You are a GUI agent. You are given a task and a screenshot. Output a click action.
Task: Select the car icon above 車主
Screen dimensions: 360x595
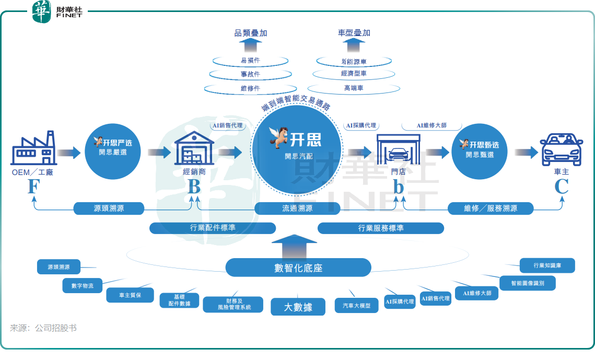561,149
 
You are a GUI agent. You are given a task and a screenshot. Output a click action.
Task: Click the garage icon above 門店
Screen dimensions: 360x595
399,149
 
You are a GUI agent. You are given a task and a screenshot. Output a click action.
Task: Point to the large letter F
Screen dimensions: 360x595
33,187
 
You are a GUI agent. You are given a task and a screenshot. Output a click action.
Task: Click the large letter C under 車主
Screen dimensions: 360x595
561,187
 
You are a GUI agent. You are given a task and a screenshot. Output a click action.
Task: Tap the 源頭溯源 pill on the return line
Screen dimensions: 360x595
109,208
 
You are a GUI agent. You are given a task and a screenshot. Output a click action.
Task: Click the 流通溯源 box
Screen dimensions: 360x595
297,208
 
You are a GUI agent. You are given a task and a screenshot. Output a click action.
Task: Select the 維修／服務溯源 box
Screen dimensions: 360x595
491,208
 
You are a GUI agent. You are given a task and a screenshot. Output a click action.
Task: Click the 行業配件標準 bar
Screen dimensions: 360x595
212,228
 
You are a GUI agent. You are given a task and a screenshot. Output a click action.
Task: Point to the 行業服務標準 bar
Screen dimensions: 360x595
380,228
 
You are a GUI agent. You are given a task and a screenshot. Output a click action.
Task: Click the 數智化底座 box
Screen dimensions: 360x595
298,268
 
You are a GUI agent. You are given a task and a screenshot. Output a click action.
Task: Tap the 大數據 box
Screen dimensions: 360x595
298,307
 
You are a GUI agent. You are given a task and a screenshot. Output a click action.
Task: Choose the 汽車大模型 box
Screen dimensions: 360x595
356,306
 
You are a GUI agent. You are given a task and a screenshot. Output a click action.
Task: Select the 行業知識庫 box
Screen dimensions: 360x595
547,265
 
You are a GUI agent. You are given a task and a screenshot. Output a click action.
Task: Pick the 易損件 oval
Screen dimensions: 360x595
250,61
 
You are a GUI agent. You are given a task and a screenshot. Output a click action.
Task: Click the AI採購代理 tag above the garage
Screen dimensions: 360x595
361,126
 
